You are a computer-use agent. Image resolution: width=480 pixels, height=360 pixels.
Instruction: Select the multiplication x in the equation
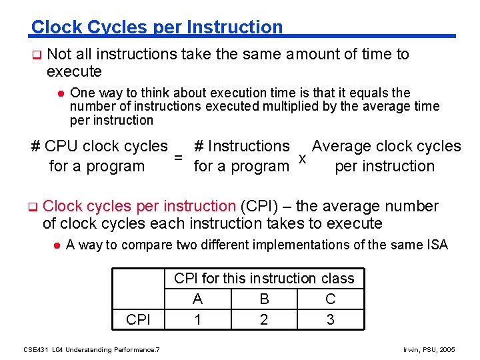(302, 159)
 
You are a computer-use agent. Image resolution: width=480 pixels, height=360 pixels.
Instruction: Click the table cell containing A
(197, 299)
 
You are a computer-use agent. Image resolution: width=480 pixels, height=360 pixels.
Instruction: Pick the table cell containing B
(264, 299)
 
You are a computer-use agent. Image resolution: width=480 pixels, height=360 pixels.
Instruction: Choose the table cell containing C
(331, 299)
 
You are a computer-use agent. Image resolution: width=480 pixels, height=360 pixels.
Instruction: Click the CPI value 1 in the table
(197, 319)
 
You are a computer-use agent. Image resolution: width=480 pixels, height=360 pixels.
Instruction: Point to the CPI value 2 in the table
(264, 319)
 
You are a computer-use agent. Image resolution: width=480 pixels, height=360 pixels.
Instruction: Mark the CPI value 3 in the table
(331, 319)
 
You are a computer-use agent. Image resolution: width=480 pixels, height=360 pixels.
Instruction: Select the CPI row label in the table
(138, 319)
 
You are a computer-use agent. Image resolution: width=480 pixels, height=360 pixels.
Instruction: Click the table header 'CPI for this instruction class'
(264, 279)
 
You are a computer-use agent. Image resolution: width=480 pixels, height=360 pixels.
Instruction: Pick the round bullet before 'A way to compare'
(57, 245)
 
